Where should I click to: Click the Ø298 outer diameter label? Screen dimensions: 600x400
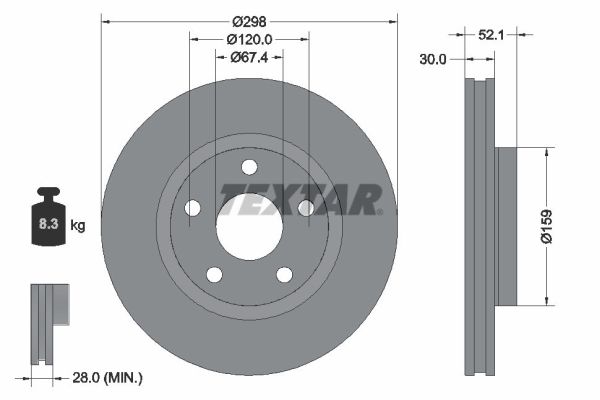tap(249, 22)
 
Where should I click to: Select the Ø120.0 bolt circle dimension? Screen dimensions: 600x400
tap(249, 39)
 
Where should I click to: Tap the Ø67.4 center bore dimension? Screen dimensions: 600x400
tap(249, 57)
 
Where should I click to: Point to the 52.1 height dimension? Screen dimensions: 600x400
tap(491, 35)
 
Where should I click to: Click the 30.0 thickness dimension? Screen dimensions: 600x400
tap(433, 59)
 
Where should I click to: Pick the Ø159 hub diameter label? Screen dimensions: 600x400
tap(547, 226)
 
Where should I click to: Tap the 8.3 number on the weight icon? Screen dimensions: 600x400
tap(48, 224)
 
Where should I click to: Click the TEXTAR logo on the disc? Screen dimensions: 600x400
tap(300, 199)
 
